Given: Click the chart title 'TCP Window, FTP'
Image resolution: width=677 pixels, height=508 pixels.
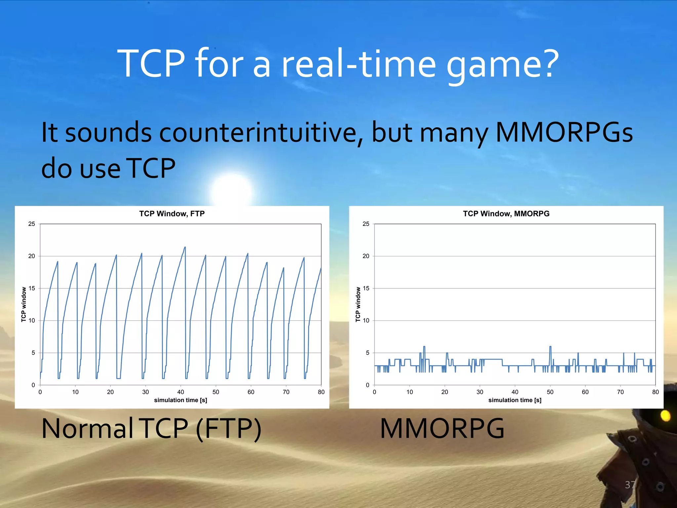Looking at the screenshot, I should pos(172,214).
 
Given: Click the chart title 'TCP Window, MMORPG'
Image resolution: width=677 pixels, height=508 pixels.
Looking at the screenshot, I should pos(506,214).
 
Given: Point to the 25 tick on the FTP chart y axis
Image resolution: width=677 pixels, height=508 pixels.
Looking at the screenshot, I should pos(32,224).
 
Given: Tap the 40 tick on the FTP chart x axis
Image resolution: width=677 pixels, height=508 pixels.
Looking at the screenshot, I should pos(180,392).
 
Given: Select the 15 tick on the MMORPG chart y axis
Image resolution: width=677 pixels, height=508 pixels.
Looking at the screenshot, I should pos(366,288).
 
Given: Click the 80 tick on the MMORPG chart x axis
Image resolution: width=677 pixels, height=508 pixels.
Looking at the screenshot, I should pos(655,392).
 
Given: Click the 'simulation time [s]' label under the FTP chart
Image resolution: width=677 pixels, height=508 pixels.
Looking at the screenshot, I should pos(180,400).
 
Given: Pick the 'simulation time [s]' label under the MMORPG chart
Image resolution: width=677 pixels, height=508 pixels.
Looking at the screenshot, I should pos(515,400).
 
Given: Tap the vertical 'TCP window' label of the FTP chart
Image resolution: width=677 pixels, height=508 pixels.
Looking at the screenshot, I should pos(24,304).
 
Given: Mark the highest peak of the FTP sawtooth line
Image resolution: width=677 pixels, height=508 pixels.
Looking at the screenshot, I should pos(185,247).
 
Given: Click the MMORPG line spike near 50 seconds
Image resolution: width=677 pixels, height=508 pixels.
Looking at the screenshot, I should pos(550,347).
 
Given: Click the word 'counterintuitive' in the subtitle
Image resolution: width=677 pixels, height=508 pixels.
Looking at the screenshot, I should pos(258,132).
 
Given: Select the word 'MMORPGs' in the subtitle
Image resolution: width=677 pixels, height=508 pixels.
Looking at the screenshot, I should pos(564,132).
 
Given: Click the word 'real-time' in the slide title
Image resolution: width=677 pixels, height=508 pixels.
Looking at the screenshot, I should pos(358,63).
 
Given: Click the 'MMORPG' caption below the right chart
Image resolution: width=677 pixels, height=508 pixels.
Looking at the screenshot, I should pos(442,429).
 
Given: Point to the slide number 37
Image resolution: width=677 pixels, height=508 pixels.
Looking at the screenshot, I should pos(630,485).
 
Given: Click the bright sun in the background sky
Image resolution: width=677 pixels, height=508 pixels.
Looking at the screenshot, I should pos(231,190).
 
